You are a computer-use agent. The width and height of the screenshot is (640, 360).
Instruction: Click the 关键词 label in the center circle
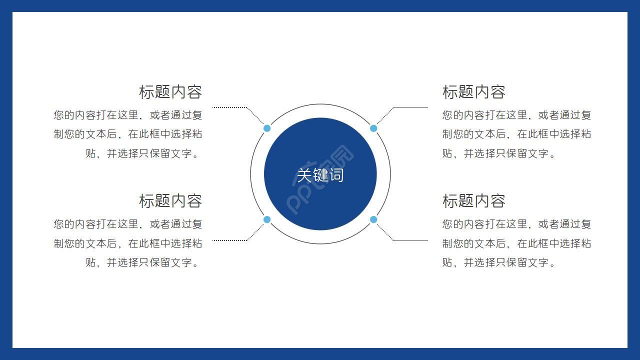pos(320,175)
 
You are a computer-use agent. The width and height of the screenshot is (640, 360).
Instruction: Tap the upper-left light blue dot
pos(267,128)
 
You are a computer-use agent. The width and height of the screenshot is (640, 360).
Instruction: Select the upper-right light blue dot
pos(373,128)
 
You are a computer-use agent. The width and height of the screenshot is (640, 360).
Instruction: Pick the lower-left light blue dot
pos(267,219)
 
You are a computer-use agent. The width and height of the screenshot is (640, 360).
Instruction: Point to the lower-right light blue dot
pos(373,219)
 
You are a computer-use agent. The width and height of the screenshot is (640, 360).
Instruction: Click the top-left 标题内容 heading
pos(170,92)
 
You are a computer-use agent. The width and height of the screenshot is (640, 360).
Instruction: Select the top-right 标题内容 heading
pos(474,92)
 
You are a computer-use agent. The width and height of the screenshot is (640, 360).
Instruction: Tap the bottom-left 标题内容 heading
pos(170,201)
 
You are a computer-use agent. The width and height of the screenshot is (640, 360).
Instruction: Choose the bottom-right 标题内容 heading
pos(474,201)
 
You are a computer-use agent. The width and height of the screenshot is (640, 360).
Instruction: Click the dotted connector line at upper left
pos(230,107)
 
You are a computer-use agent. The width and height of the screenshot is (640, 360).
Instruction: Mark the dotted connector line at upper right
pos(410,107)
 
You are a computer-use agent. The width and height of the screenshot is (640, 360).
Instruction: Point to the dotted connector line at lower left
pos(230,240)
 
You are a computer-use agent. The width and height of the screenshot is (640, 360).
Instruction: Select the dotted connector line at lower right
pos(410,240)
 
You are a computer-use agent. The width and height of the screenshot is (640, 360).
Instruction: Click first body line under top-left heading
pos(128,115)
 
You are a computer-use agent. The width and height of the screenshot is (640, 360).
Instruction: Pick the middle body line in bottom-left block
pos(128,243)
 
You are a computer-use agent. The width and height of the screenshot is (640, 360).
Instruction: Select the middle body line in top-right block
pos(516,134)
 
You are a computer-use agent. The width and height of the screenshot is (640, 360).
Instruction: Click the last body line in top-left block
pos(143,153)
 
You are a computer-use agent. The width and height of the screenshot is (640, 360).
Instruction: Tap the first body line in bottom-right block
pos(516,224)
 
